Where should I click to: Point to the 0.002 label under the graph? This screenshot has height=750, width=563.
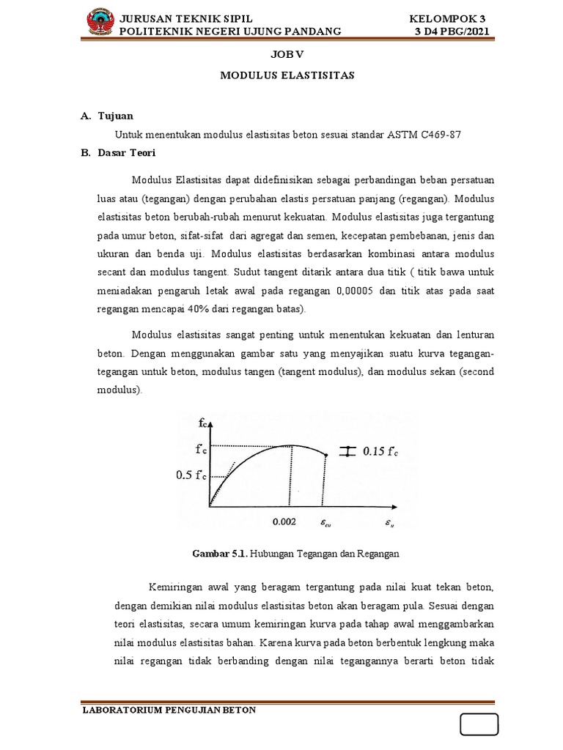[284, 522]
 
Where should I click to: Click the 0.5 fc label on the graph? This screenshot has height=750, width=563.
[191, 475]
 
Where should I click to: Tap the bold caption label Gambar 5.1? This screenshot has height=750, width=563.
[219, 554]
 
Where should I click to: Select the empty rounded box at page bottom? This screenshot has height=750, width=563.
[479, 724]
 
